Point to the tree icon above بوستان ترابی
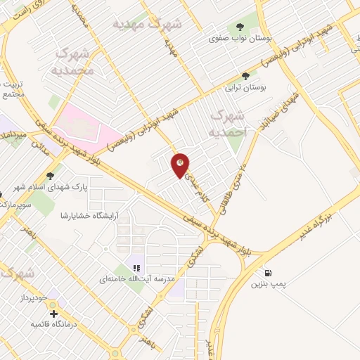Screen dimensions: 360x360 pyautogui.click(x=245, y=76)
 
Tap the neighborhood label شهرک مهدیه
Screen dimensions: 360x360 pyautogui.click(x=148, y=25)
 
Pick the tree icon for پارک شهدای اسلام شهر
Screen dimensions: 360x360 pyautogui.click(x=50, y=176)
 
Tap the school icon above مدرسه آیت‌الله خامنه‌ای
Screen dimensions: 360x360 pyautogui.click(x=136, y=267)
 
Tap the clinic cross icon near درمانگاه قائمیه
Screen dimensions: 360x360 pyautogui.click(x=53, y=313)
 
